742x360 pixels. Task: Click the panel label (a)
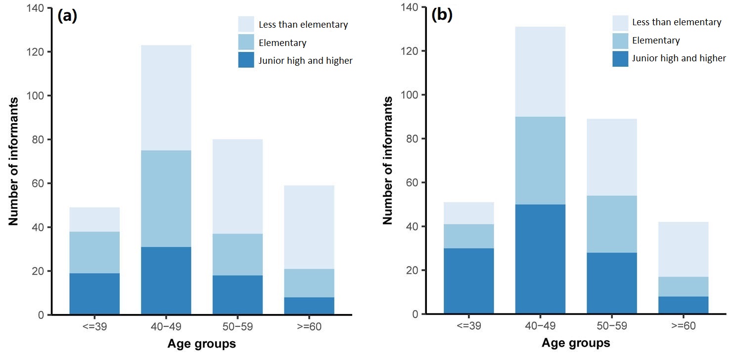point(67,16)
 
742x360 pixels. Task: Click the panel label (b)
point(442,15)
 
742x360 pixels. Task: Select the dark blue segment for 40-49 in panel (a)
point(166,280)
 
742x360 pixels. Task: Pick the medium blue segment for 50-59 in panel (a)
point(237,255)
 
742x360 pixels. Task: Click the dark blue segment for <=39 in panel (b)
point(468,281)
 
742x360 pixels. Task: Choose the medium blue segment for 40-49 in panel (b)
point(540,161)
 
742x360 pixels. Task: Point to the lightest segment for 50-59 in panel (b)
point(612,157)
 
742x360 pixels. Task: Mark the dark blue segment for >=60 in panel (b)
point(683,305)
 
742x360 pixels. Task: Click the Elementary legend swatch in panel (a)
point(246,42)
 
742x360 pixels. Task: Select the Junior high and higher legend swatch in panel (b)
point(620,58)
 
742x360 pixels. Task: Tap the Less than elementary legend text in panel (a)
point(303,24)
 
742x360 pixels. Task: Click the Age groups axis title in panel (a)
point(201,344)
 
